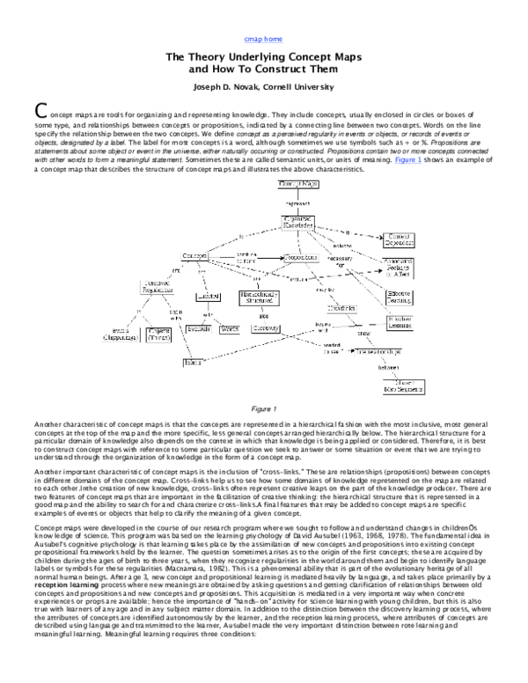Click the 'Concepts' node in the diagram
[194, 256]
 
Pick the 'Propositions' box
[302, 257]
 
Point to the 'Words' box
[230, 328]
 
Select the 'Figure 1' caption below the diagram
[264, 408]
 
